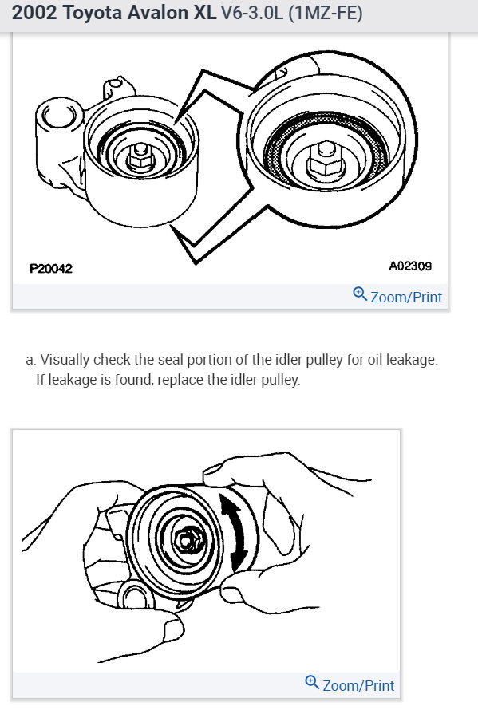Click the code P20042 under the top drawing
click(x=51, y=269)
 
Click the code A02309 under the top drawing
click(x=410, y=266)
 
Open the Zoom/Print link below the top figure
click(x=406, y=297)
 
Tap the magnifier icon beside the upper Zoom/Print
click(x=360, y=295)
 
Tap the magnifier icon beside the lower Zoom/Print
click(x=312, y=684)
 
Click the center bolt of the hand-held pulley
click(x=188, y=539)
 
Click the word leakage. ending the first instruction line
click(x=413, y=360)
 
